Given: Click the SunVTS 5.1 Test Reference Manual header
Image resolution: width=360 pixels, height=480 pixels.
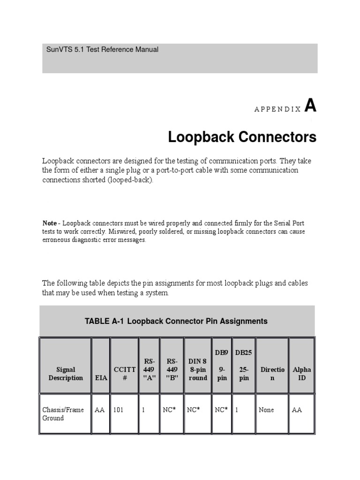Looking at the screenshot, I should tap(103, 49).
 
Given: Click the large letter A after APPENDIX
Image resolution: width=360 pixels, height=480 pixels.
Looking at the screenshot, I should tap(310, 106).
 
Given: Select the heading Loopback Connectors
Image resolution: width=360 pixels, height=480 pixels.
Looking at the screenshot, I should tap(242, 137).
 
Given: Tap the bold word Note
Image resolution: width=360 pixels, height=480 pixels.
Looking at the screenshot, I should tap(50, 223).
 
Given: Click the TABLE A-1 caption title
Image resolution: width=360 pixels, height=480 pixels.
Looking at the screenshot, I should tap(176, 321).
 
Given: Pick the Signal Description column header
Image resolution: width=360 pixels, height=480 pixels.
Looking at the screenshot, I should tap(66, 374).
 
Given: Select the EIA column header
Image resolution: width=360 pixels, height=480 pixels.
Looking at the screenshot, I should tap(101, 378).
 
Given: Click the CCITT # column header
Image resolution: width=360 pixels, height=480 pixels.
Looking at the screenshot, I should tap(124, 374).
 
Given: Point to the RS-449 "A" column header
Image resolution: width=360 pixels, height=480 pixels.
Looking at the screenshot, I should tap(149, 369).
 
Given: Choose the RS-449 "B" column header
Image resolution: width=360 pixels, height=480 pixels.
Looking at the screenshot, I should tap(172, 369).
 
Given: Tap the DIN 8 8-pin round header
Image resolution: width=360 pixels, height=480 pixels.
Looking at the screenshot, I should tap(197, 369).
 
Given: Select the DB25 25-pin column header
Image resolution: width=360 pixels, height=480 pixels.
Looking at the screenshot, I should tap(244, 365).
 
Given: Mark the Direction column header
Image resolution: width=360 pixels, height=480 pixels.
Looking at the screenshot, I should tap(272, 374).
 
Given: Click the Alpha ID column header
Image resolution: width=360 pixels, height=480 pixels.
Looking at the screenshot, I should tap(302, 374).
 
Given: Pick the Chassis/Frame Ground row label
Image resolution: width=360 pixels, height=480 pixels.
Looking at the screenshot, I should tap(63, 414).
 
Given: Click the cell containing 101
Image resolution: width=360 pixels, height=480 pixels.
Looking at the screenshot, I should tap(118, 410).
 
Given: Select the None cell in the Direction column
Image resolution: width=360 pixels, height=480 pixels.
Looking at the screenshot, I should tap(266, 410).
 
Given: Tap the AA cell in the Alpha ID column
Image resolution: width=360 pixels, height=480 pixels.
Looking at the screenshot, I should tap(297, 410).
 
